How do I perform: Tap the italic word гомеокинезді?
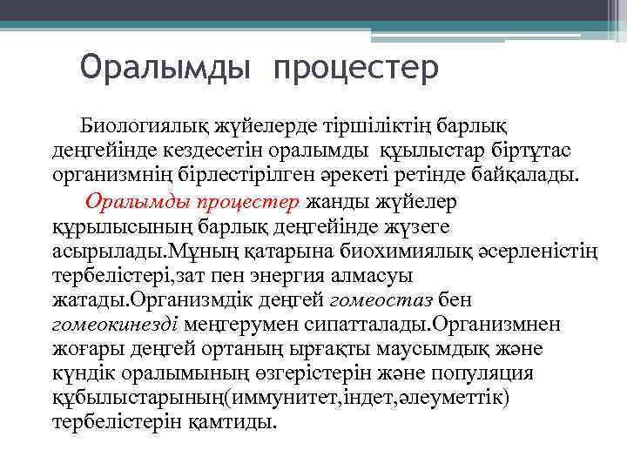point(114,326)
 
